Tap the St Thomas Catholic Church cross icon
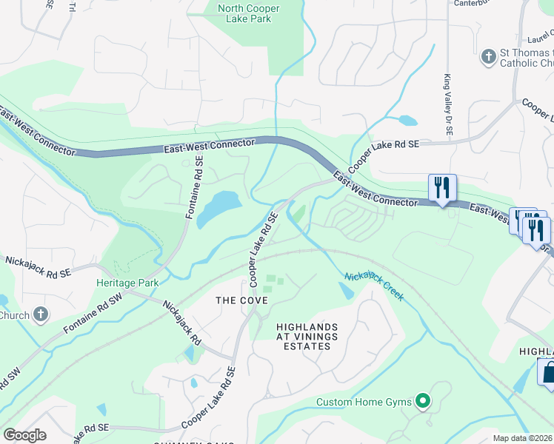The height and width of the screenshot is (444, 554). [488, 56]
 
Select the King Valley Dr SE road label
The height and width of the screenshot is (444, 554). [448, 104]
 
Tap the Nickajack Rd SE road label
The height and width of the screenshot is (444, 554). [38, 266]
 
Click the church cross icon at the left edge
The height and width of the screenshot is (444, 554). [41, 315]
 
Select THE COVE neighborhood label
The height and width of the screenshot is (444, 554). [236, 300]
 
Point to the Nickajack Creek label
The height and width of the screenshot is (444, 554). [374, 286]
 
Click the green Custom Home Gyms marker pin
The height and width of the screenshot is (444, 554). [423, 402]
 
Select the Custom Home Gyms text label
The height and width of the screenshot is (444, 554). [363, 403]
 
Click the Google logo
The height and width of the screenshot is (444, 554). [24, 435]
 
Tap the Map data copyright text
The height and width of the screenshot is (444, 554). [522, 438]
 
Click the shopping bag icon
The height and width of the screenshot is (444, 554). [547, 373]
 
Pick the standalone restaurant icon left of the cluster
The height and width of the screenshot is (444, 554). [442, 187]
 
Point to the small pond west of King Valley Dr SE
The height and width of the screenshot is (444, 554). [407, 120]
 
